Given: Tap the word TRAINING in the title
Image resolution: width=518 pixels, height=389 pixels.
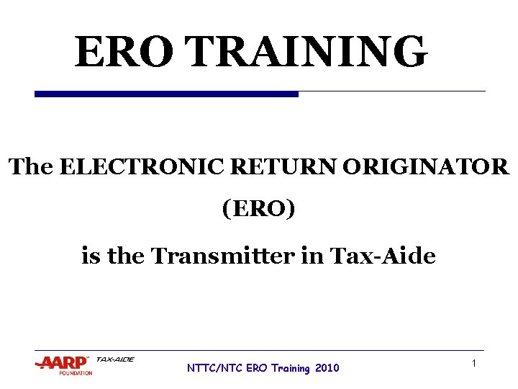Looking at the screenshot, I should (309, 52).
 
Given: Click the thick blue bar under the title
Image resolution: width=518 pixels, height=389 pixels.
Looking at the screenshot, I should (166, 94).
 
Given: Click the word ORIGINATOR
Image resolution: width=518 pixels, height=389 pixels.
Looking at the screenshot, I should (426, 167).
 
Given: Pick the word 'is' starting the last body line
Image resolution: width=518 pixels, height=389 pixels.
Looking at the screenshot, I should (91, 256).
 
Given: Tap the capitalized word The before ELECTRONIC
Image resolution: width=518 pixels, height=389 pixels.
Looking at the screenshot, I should (31, 167).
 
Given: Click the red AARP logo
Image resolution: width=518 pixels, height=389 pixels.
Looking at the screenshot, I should (63, 362).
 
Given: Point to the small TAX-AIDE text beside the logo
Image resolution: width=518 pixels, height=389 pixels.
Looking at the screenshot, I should (115, 359).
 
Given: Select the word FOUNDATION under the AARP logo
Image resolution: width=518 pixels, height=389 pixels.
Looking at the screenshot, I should (76, 373).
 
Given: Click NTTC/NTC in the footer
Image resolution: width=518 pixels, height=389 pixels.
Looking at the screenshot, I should (214, 368).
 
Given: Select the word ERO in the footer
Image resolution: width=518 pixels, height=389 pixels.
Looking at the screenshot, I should (256, 368).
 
